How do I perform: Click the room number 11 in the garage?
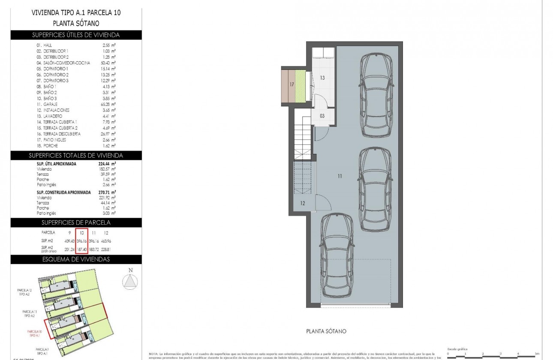coord(339,176)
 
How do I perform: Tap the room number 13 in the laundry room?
coord(322,78)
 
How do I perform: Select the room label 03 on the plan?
coord(322,116)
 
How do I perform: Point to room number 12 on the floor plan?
coord(302,203)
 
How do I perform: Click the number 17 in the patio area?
coord(292,84)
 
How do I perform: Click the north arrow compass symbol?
coord(130,281)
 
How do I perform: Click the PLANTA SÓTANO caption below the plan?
coord(326,331)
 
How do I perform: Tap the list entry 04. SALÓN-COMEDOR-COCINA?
coord(63,63)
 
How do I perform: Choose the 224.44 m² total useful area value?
coord(107,164)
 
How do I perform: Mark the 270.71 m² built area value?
coord(107,192)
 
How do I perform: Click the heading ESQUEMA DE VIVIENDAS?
coord(76,259)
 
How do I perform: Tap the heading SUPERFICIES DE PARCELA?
coord(76,222)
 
